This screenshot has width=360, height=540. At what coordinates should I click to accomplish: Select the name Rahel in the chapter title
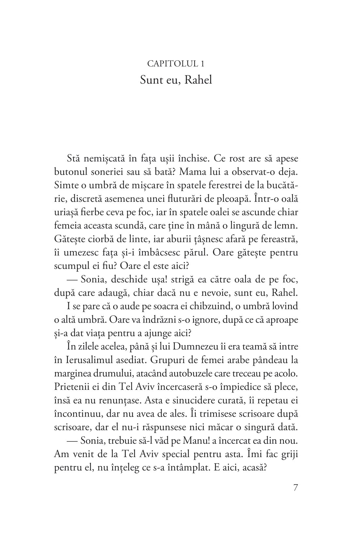[x=198, y=80]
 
